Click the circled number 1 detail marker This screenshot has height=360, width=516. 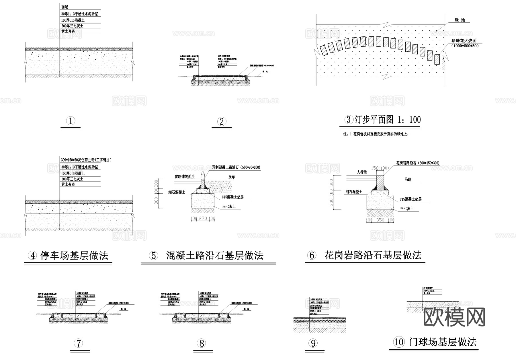tap(71, 121)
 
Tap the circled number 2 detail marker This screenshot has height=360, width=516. tap(222, 121)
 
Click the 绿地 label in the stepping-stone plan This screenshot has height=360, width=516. tap(460, 20)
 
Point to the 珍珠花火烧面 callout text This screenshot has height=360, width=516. tap(464, 41)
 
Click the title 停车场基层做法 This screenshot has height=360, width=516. tap(74, 255)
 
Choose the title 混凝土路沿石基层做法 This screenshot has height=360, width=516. tap(215, 255)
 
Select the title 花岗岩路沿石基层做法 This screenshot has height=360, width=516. tap(373, 255)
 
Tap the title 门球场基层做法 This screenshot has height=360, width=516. tap(443, 342)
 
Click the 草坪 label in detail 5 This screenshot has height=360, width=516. tap(231, 178)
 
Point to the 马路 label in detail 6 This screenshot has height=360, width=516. tap(408, 180)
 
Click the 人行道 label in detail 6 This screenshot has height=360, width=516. tap(362, 172)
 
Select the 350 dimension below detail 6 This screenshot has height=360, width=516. tap(380, 220)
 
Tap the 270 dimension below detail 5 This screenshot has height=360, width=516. tap(203, 219)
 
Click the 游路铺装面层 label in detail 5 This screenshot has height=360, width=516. tap(185, 177)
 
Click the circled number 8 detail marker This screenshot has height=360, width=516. tap(202, 343)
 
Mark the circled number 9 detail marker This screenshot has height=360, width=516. tap(313, 343)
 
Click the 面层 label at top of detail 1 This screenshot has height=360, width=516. tap(65, 7)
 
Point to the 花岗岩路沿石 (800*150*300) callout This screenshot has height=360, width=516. tap(418, 163)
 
